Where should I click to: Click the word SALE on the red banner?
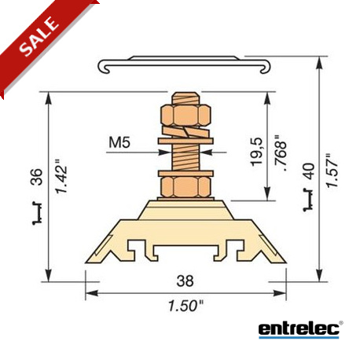click(39, 37)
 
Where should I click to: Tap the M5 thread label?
click(119, 142)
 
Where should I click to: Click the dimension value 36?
click(36, 178)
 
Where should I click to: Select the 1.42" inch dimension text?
click(62, 176)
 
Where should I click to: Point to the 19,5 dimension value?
click(256, 152)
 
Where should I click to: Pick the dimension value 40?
click(309, 171)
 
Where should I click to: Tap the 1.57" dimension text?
click(332, 171)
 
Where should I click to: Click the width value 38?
click(186, 281)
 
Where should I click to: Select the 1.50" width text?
click(186, 306)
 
